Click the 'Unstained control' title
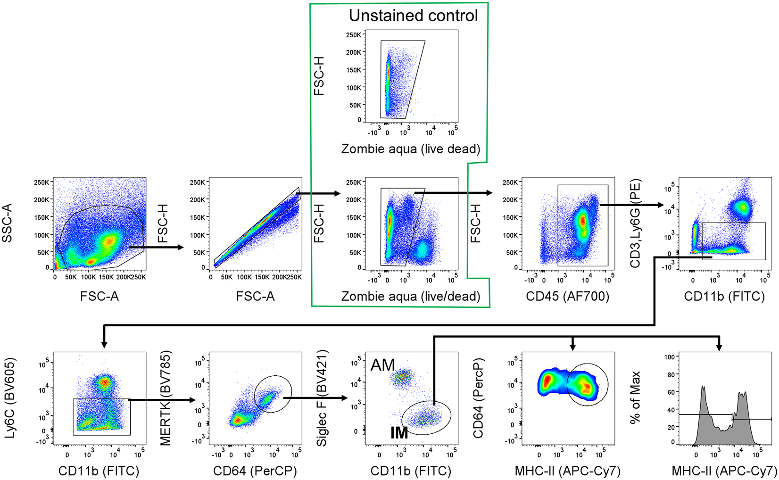coord(413,16)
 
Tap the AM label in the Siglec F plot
coord(382,365)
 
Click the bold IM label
coord(399,432)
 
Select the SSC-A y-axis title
coord(7,223)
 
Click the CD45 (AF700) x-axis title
coord(568,297)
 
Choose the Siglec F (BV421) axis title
coord(322,399)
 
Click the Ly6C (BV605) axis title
coord(10,399)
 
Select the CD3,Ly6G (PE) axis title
coord(635,223)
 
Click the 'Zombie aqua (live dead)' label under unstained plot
coord(411,149)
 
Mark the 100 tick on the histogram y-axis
coord(669,357)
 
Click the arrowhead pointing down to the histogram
coord(719,347)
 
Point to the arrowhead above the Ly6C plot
coord(104,344)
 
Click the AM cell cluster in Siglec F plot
coord(402,376)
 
